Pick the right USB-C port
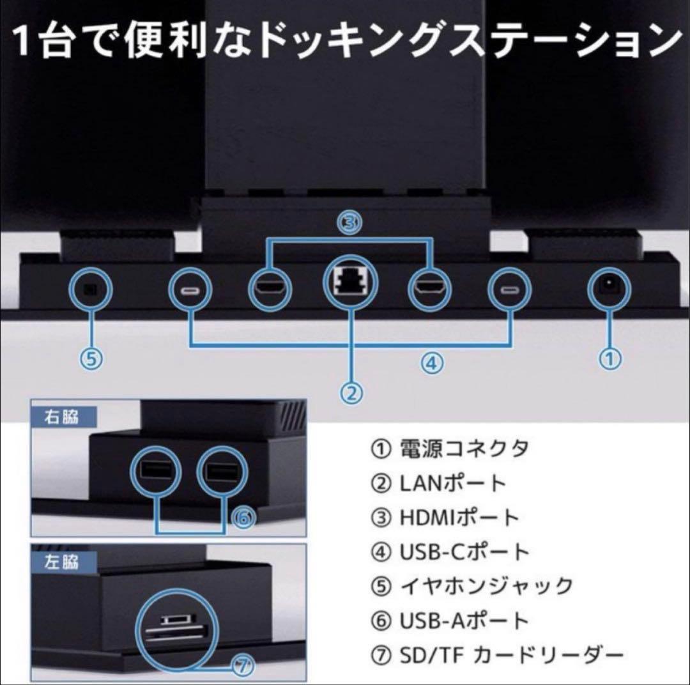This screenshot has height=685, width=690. pos(510,291)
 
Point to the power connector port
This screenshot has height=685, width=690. pos(608,289)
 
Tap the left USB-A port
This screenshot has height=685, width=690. pos(153,472)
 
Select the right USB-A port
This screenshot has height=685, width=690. pos(219,472)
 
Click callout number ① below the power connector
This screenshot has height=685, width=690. pos(609,358)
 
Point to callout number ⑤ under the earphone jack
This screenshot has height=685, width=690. pos(91,358)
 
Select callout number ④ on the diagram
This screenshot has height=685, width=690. pos(431,363)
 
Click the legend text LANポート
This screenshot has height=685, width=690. pos(453,483)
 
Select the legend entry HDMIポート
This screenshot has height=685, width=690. pos(459,517)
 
